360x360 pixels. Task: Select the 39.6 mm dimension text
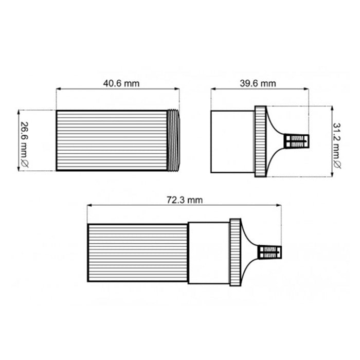[x=259, y=83]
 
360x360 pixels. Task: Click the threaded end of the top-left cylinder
[x=174, y=140]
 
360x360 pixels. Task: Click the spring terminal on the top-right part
[x=298, y=141]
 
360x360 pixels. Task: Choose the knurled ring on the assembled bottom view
[x=235, y=252]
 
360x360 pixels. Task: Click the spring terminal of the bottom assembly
[x=271, y=253]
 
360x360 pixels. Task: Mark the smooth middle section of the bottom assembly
[x=208, y=253]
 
